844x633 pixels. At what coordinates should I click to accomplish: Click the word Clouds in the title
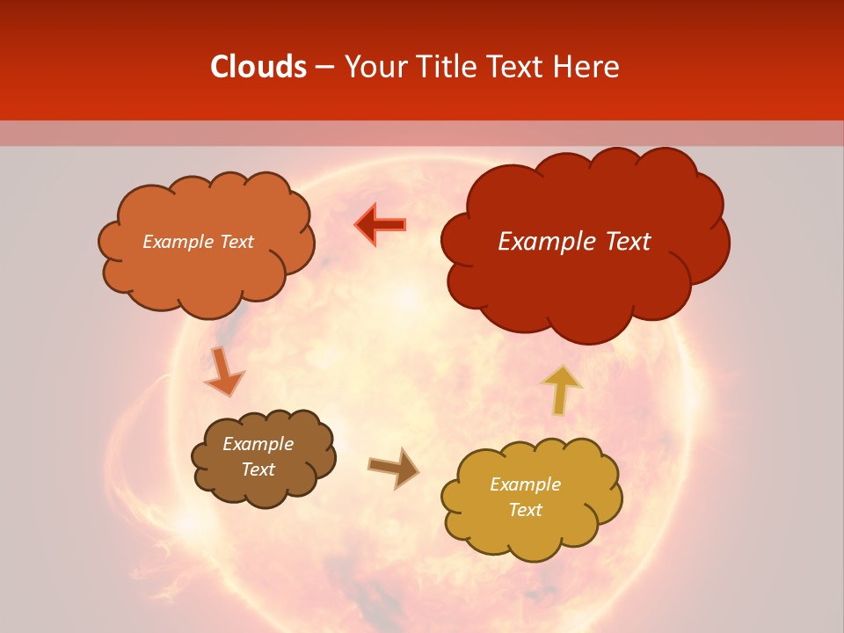[258, 67]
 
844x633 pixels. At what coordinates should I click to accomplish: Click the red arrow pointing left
[381, 224]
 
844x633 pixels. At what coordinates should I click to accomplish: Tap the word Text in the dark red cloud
[628, 242]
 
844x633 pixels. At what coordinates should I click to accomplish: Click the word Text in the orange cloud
[236, 242]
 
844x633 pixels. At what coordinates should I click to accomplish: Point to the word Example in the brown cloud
[258, 444]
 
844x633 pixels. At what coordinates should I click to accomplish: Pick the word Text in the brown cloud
[258, 469]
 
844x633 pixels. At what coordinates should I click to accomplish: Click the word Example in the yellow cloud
[525, 484]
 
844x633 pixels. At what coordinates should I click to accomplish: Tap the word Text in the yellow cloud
[525, 510]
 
